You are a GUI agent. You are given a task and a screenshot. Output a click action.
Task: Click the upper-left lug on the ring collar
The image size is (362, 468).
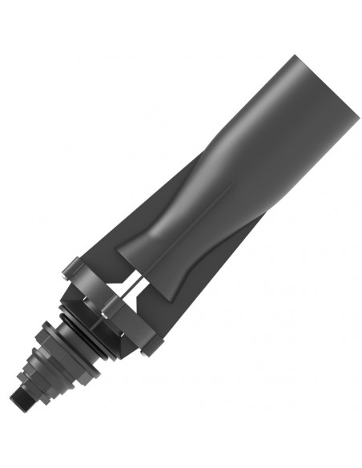[x=73, y=265]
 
